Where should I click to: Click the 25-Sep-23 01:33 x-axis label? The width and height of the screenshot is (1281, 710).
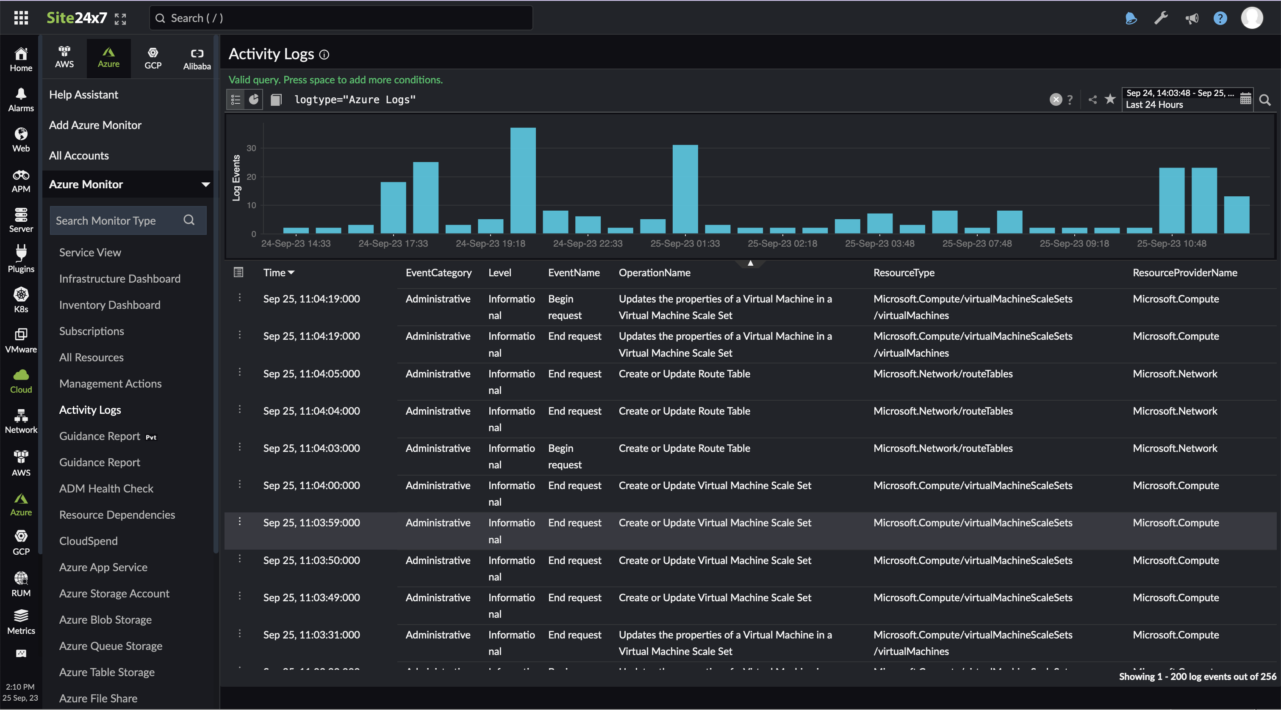[685, 243]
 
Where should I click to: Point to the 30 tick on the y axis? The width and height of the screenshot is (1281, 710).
[251, 148]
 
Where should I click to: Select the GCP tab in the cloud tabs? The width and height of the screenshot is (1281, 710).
[152, 58]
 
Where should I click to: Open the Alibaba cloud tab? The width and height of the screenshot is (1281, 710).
[197, 58]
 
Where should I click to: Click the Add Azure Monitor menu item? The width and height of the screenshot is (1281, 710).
[95, 125]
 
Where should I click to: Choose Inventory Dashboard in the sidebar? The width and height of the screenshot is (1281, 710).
[109, 305]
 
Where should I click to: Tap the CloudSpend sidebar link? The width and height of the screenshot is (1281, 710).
[88, 541]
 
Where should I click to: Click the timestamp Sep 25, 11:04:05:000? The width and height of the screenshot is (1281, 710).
[311, 374]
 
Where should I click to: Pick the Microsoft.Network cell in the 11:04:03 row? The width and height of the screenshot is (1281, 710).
[1175, 448]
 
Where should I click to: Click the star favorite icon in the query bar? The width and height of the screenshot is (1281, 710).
[1110, 99]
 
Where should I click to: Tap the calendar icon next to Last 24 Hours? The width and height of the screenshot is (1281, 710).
[1245, 99]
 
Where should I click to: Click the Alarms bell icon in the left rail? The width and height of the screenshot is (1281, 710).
[21, 94]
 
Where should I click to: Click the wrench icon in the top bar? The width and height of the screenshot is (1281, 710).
[1161, 18]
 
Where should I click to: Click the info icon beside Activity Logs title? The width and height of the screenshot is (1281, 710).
[324, 55]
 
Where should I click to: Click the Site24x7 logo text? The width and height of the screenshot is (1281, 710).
[77, 18]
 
